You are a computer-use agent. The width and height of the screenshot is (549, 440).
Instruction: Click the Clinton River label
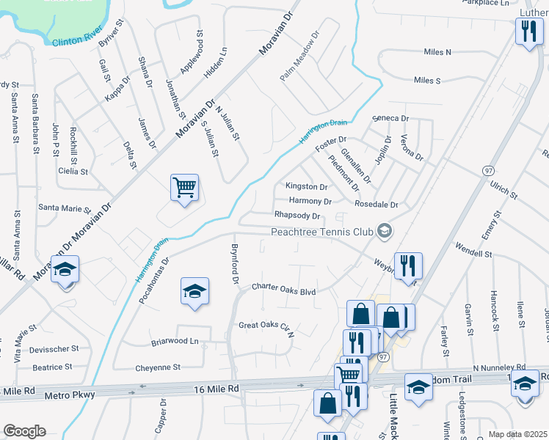point(77,42)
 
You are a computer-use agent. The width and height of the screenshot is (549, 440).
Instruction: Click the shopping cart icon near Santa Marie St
point(184,188)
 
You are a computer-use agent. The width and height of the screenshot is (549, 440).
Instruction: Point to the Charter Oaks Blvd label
point(283,290)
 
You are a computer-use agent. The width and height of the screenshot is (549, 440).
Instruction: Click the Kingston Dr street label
point(307,187)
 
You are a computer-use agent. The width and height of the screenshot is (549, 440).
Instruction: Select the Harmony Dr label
point(310,201)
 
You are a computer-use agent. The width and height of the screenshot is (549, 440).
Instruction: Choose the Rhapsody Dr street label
point(297,216)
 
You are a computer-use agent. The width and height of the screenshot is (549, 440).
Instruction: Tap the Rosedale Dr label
point(376,205)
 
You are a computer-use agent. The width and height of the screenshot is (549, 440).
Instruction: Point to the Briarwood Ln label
point(175,341)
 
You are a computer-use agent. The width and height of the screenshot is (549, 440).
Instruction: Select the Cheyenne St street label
point(158,367)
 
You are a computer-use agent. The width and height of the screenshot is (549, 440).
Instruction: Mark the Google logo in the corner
point(24,431)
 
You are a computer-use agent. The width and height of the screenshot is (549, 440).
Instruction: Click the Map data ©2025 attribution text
point(518,434)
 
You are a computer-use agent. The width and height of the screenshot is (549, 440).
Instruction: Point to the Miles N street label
point(437,52)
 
